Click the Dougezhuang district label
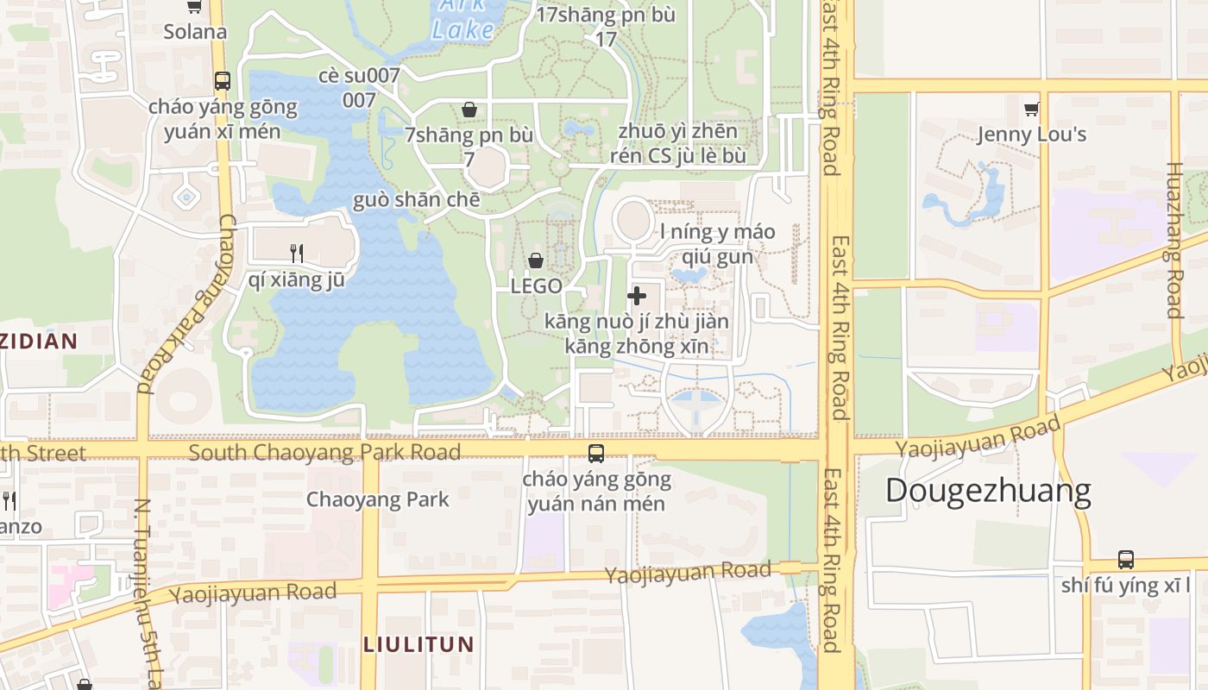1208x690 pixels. point(988,491)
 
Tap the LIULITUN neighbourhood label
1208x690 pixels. point(418,644)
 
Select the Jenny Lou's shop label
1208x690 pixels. point(1031,135)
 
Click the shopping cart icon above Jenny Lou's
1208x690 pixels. point(1031,110)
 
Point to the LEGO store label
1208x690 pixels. point(536,285)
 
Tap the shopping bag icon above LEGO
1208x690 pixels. point(536,260)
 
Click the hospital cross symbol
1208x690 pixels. point(637,296)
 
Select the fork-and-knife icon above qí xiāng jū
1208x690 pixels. point(296,253)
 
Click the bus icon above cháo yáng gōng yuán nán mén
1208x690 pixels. point(595,454)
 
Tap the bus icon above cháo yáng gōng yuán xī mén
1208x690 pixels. point(223,81)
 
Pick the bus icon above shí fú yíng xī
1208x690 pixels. point(1125,559)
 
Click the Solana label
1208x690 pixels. point(195,32)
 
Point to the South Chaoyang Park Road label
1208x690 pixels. point(324,453)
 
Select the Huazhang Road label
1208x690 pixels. point(1173,240)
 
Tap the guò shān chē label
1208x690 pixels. point(416,200)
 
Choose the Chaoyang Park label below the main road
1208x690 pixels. point(378,499)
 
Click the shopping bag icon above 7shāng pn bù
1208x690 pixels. point(469,110)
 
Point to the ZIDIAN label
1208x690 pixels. point(38,341)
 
